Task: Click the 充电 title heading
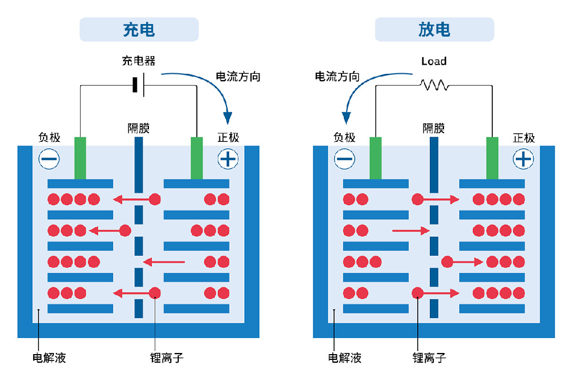pyautogui.click(x=139, y=30)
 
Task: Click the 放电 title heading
pyautogui.click(x=434, y=30)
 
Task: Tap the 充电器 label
pyautogui.click(x=139, y=61)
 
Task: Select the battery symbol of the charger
pyautogui.click(x=138, y=85)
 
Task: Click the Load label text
pyautogui.click(x=434, y=61)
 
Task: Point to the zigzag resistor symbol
pyautogui.click(x=434, y=86)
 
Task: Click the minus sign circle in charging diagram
pyautogui.click(x=49, y=158)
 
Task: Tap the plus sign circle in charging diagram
pyautogui.click(x=228, y=158)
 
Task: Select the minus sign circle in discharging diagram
pyautogui.click(x=344, y=158)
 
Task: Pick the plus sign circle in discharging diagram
pyautogui.click(x=523, y=158)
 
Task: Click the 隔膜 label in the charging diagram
pyautogui.click(x=139, y=128)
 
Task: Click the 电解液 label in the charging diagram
pyautogui.click(x=49, y=358)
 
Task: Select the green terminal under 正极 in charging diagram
pyautogui.click(x=197, y=158)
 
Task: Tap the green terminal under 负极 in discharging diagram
pyautogui.click(x=376, y=158)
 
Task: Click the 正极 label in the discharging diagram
pyautogui.click(x=524, y=138)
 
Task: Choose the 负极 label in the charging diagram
pyautogui.click(x=49, y=138)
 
